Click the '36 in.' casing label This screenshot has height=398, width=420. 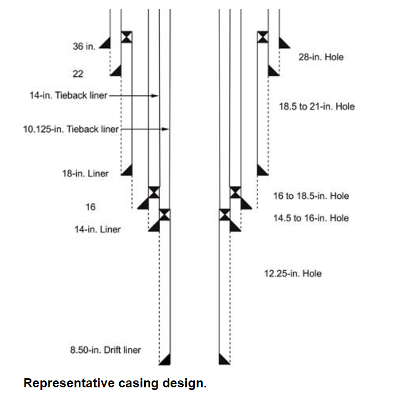coord(84,46)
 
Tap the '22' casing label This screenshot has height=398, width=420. coord(78,74)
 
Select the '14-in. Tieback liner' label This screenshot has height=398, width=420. coord(68,96)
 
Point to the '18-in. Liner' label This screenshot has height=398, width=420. coord(85,173)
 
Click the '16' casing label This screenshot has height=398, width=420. coord(90,206)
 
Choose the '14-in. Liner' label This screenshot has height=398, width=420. coord(97,230)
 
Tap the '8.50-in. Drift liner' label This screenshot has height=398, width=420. coord(105,350)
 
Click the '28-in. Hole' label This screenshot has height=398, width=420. coord(320,57)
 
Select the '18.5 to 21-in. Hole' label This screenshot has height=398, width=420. coord(316,107)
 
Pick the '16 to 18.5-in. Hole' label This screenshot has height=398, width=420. coord(311,196)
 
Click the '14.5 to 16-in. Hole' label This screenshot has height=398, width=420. coord(311,218)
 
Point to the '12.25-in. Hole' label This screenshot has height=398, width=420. coord(293,274)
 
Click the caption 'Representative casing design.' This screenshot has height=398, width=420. coord(114,383)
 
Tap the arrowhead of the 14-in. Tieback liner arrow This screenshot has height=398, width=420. coord(157,96)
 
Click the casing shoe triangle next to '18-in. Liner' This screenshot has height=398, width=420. coord(127,170)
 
